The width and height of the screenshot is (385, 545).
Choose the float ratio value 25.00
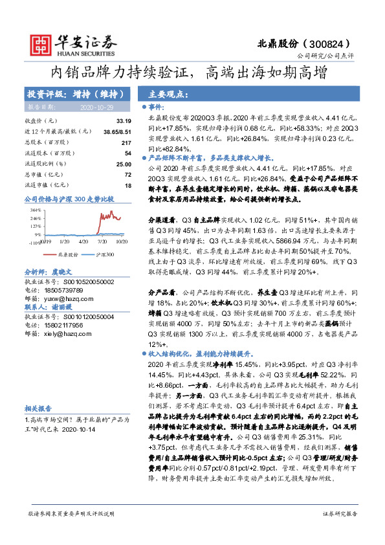[x=123, y=164]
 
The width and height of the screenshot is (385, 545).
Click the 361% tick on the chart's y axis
[x=35, y=210]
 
